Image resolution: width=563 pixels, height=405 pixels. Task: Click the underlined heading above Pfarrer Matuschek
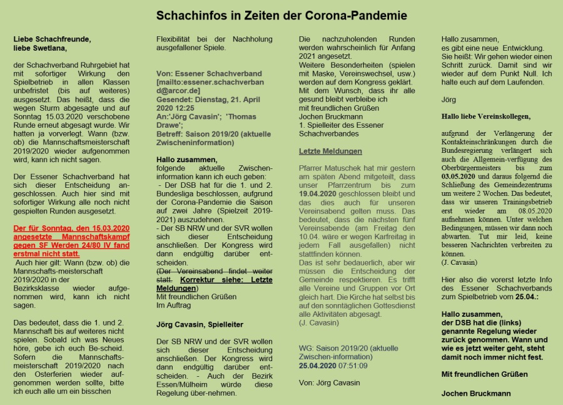pos(330,151)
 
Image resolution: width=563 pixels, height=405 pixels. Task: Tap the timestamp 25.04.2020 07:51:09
pos(333,366)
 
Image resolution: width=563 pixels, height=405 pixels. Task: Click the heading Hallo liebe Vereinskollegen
pos(485,116)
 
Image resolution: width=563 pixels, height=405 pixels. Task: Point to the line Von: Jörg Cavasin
pos(330,382)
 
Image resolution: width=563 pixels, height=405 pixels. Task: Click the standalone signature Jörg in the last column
pos(449,100)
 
